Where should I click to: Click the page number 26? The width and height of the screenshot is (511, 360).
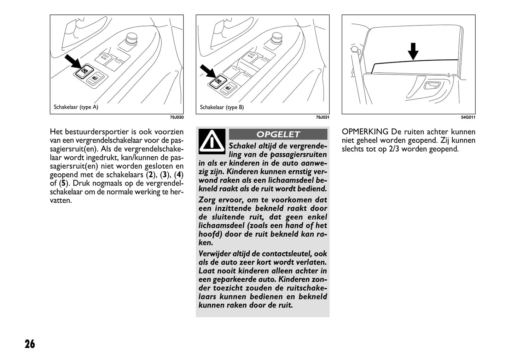(x=30, y=344)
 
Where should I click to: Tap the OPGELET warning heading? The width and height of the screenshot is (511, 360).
(x=278, y=135)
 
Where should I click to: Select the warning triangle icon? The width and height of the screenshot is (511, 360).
(x=211, y=141)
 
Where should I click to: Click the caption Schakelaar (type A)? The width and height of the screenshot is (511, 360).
(x=76, y=107)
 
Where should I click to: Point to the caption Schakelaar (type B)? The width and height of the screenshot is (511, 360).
(x=222, y=107)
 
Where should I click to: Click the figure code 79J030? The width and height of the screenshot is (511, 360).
(x=177, y=117)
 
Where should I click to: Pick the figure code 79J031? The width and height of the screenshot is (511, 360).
(x=323, y=117)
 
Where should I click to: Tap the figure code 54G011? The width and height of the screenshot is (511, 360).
(x=468, y=117)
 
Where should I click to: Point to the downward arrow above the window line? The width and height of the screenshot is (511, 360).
(x=413, y=52)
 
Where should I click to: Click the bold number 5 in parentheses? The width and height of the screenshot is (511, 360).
(x=63, y=183)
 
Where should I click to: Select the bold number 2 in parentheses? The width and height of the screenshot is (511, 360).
(x=151, y=175)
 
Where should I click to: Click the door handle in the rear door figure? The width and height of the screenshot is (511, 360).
(x=432, y=85)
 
